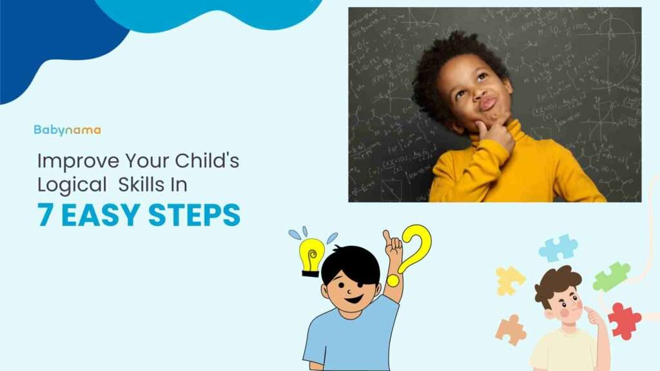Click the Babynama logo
point(67,129)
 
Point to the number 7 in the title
point(44,215)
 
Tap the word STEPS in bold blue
point(194,215)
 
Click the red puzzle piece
point(624,319)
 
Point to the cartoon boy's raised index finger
point(387,236)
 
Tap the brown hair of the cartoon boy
point(556,281)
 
